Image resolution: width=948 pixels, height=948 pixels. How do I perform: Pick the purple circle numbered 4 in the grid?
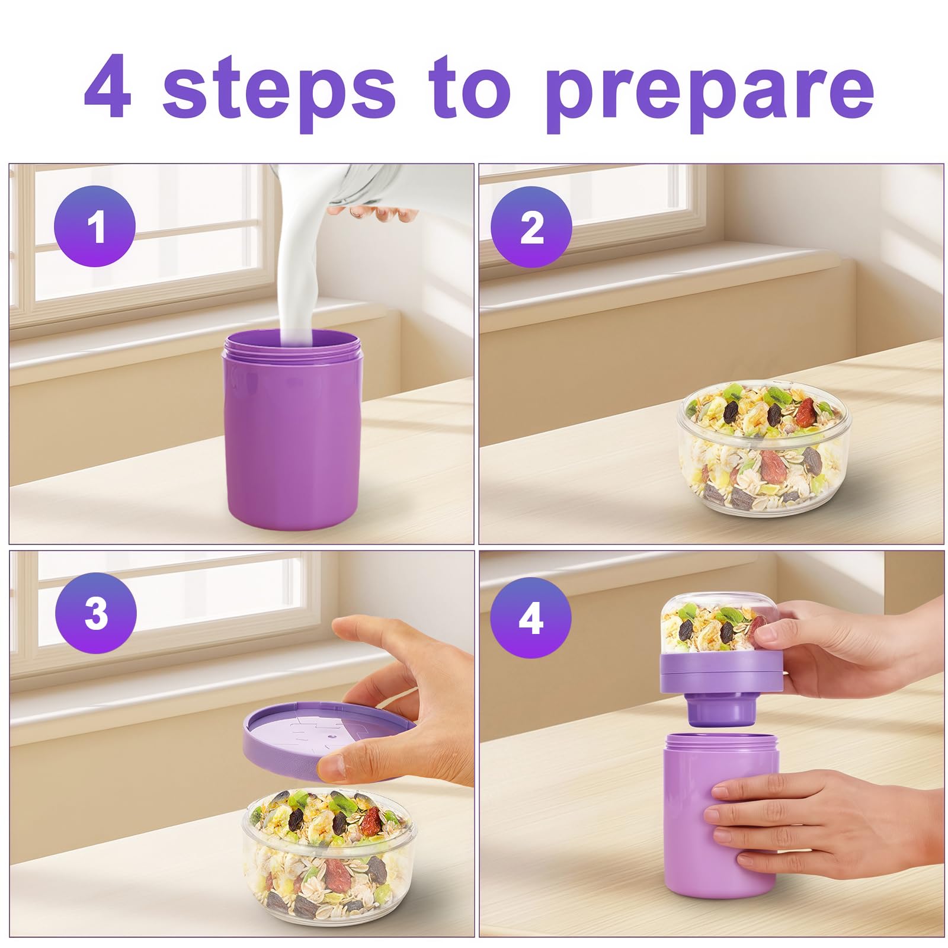point(531,618)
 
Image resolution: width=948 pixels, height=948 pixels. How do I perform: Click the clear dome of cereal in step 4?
point(717,628)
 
